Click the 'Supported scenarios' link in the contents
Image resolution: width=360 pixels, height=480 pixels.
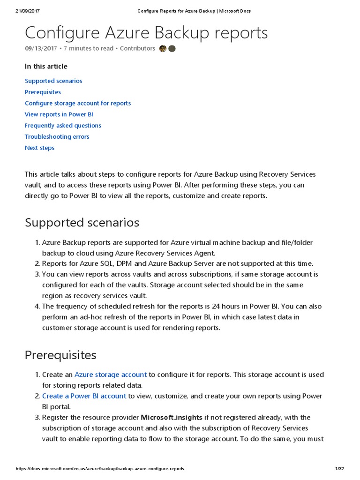[x=53, y=81]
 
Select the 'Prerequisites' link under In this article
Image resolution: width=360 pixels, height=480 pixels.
[x=43, y=92]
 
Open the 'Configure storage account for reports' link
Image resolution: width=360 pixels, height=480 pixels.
[x=78, y=103]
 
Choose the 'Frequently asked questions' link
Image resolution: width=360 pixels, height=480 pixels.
[x=63, y=126]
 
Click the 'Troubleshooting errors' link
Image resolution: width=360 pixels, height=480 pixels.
[x=57, y=137]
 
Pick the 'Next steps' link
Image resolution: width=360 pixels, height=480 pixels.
[x=39, y=148]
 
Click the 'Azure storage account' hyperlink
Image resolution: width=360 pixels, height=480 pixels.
[x=111, y=375]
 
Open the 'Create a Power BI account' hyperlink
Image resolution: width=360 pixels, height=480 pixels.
[x=84, y=396]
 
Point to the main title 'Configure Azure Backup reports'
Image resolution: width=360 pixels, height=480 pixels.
[x=146, y=33]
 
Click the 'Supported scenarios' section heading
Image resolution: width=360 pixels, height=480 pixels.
[x=82, y=222]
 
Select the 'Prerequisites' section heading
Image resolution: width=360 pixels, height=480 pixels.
[x=60, y=355]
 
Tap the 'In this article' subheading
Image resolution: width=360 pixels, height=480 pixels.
[x=46, y=67]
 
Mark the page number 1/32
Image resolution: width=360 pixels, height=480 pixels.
[x=340, y=469]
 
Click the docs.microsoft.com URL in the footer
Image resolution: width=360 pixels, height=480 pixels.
[x=100, y=469]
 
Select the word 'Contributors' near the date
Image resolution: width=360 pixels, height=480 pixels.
[x=137, y=48]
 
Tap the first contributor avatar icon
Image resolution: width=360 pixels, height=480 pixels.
[x=163, y=49]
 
